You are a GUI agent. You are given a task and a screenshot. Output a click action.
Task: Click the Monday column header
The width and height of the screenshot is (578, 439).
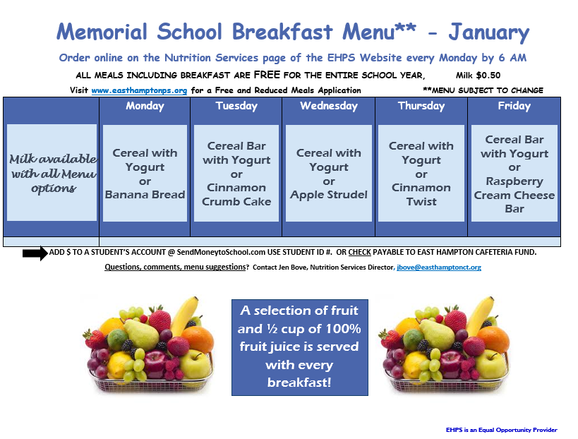(x=145, y=107)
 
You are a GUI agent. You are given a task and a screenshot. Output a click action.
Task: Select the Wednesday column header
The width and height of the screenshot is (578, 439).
(x=329, y=107)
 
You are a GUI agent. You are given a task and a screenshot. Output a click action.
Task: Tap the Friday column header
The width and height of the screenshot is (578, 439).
(x=514, y=107)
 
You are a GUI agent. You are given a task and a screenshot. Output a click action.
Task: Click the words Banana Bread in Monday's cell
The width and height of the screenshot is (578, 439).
(x=145, y=195)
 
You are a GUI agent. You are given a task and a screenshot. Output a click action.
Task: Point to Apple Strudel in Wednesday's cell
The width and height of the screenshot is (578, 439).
(x=329, y=195)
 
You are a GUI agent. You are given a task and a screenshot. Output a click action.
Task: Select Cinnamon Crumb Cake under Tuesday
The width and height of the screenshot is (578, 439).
(x=236, y=195)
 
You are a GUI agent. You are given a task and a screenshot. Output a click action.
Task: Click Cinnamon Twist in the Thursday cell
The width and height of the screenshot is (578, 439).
(x=421, y=195)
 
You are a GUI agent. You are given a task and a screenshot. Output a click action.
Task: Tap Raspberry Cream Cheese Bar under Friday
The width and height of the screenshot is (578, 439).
(x=514, y=195)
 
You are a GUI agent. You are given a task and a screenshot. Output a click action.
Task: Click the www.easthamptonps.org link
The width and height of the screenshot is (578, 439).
(x=139, y=90)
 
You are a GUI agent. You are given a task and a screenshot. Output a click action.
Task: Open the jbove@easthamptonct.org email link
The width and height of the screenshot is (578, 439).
(x=438, y=267)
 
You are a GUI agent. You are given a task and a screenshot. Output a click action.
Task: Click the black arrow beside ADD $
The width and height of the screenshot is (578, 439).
(x=35, y=253)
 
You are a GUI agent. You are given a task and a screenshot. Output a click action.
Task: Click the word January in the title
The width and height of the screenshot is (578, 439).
(x=488, y=32)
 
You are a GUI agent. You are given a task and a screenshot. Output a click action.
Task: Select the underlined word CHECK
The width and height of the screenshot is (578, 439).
(x=359, y=253)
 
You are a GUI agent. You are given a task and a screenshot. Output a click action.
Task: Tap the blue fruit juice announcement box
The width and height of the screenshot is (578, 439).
(x=299, y=347)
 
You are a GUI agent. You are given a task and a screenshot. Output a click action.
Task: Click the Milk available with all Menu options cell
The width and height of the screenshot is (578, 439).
(x=52, y=173)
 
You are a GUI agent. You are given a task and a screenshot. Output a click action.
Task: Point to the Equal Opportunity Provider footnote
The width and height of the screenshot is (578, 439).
(x=501, y=430)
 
